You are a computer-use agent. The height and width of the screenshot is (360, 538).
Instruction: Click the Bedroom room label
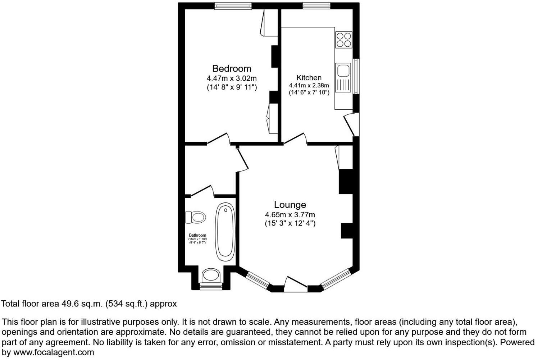232,68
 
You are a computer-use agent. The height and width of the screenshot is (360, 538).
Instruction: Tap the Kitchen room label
309,78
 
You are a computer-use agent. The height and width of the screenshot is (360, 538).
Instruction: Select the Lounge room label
290,205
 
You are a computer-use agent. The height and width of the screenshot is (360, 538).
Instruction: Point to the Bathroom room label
197,235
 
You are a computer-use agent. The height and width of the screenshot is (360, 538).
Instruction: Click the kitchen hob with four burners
343,40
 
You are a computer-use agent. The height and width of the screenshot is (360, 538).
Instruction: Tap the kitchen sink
343,70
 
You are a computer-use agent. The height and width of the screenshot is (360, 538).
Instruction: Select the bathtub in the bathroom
225,231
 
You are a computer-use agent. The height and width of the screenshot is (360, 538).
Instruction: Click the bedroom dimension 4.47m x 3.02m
232,78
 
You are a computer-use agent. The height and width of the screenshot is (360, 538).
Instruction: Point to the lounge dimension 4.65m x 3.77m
290,215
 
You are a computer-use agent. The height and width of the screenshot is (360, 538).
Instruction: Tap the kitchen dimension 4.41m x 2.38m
309,86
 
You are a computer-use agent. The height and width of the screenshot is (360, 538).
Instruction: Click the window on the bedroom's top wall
233,5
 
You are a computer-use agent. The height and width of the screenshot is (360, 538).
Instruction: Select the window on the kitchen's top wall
316,5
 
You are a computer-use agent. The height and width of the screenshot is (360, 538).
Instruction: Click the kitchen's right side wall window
356,76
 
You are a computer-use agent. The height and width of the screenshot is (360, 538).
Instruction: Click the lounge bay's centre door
296,284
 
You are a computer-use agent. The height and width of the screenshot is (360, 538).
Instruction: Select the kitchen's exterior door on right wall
351,124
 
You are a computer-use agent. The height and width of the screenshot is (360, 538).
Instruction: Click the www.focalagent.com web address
54,352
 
